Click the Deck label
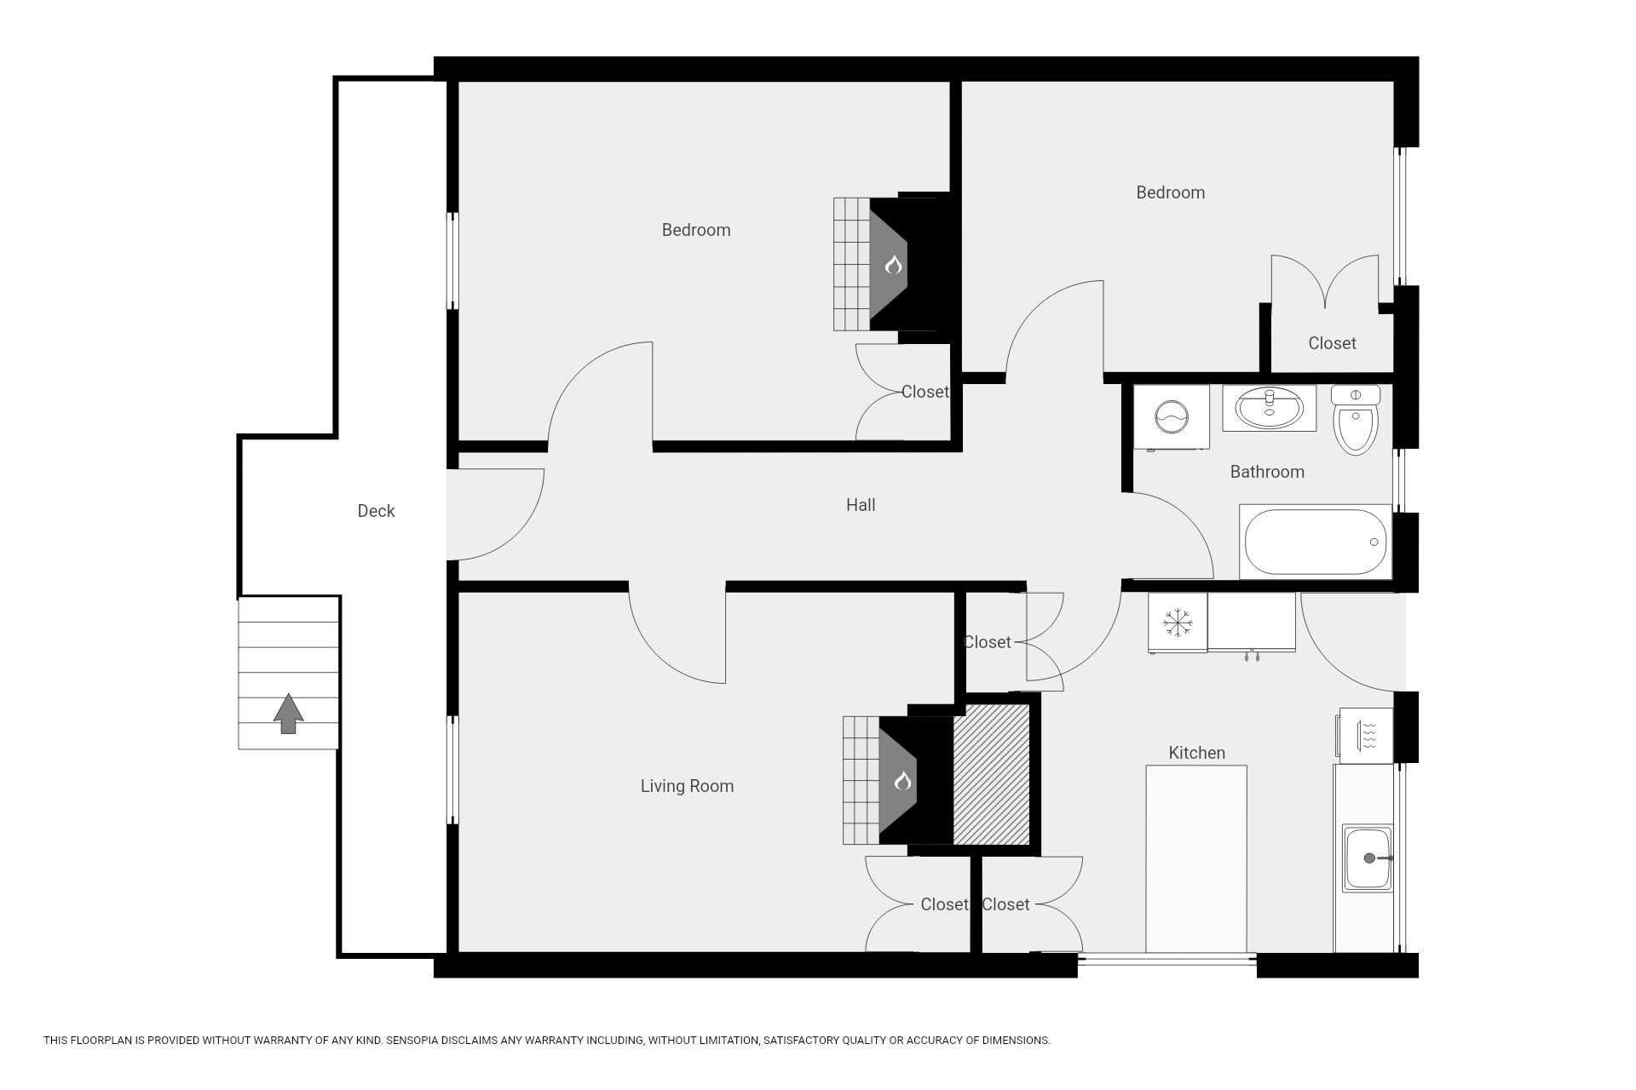coord(376,511)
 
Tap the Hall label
coord(861,505)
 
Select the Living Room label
coord(687,786)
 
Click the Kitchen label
coord(1196,753)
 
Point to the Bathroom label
coord(1267,472)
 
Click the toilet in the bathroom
coord(1356,420)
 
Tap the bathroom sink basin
coord(1270,409)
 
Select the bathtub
coord(1315,542)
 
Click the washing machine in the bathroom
coord(1172,416)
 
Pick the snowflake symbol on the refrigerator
coord(1177,622)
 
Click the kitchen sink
coord(1368,858)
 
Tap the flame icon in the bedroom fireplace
coord(892,265)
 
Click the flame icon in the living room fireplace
coord(902,780)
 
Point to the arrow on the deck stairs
coord(288,714)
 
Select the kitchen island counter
coord(1196,858)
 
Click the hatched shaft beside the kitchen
coord(991,774)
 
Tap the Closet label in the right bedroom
coord(1332,343)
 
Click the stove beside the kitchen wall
coord(1364,735)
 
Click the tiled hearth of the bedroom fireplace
coord(851,264)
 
